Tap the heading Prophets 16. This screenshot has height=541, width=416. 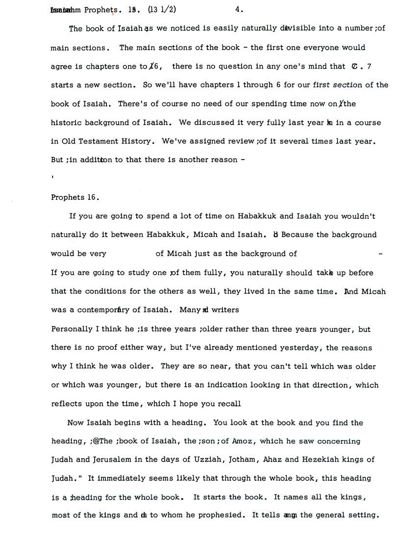[75, 197]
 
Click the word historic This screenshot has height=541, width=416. [67, 122]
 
